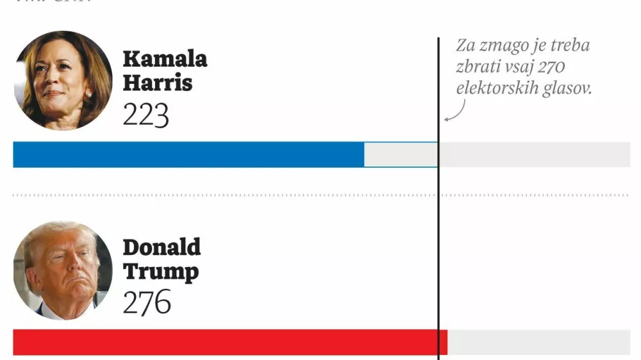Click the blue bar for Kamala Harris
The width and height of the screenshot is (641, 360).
[188, 154]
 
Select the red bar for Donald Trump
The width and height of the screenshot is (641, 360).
[229, 342]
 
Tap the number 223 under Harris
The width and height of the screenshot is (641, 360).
[146, 115]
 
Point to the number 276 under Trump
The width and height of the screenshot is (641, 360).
[147, 302]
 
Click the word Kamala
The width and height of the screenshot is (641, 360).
[165, 60]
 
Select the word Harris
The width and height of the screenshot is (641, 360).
[158, 83]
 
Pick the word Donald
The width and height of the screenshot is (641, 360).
[162, 247]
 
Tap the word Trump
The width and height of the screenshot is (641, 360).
[160, 272]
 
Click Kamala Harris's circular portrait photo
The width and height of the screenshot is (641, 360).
[62, 80]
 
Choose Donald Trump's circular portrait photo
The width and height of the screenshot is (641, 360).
[62, 270]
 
